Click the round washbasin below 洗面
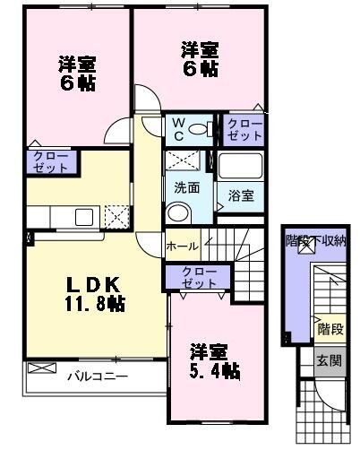tap(179, 212)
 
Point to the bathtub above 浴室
tap(239, 166)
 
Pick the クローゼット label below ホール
tap(192, 277)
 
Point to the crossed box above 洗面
tap(186, 162)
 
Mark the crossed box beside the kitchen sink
tap(116, 216)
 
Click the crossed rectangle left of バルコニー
tap(41, 368)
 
